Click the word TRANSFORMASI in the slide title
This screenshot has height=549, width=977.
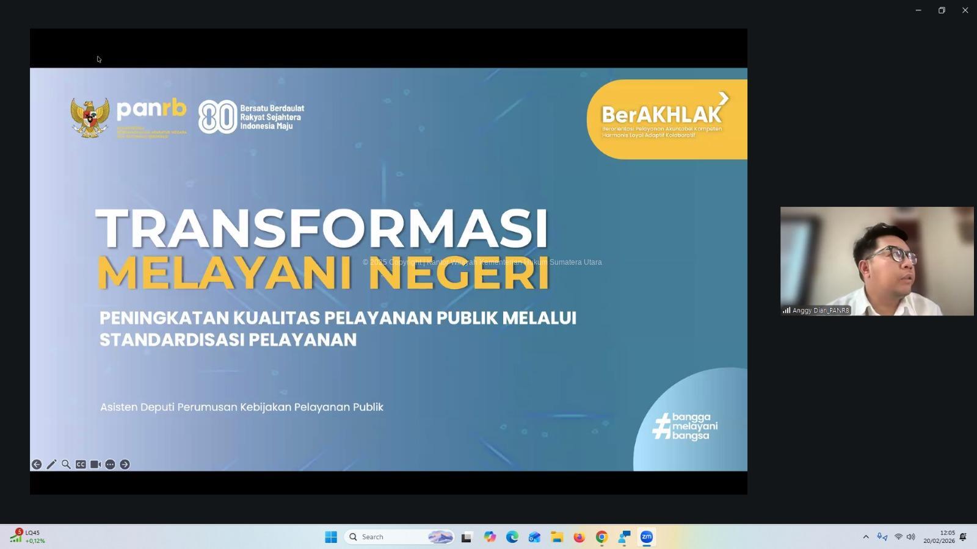point(322,228)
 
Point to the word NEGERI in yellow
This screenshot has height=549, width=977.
point(459,274)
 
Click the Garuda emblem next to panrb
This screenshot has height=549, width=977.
point(90,118)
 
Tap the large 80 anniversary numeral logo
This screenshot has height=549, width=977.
point(217,117)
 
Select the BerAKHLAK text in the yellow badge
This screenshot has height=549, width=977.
point(661,115)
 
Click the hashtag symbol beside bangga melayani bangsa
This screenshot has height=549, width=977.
point(661,426)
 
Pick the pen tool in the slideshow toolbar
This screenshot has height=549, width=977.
point(51,465)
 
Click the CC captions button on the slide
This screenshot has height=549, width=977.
point(81,465)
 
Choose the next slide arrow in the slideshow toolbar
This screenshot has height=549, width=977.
point(125,465)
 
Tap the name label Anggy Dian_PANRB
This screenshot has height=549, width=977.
point(820,310)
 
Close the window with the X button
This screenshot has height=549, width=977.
point(965,10)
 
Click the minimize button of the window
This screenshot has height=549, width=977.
point(918,10)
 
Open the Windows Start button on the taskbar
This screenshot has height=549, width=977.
point(331,537)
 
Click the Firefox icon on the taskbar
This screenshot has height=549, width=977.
point(579,537)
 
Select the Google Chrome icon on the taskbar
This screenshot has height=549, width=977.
point(601,537)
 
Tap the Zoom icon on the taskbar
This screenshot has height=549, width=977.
point(646,537)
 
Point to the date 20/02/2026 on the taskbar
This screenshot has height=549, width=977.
point(939,541)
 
